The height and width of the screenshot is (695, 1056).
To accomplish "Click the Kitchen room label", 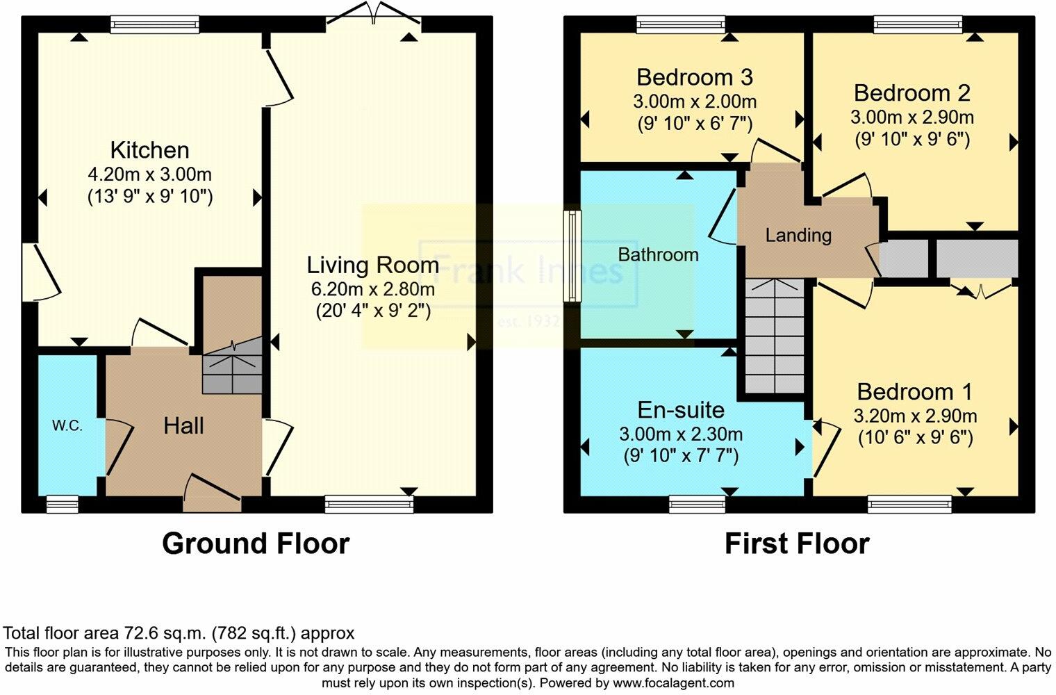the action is pos(150,150).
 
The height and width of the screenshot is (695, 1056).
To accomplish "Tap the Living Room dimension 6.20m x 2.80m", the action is pos(372,288).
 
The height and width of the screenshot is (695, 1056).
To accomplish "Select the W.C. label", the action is pos(67,426).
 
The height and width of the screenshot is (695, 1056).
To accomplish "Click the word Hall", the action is pos(183,426).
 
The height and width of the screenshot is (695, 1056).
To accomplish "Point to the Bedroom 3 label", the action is pos(695,77).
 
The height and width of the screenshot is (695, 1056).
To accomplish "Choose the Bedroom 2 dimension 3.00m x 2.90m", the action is pos(912,117).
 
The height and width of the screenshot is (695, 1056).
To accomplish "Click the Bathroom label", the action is pos(658,254).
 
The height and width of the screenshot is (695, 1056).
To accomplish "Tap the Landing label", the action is pos(798,236).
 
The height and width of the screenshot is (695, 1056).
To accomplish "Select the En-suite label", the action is pos(681,410).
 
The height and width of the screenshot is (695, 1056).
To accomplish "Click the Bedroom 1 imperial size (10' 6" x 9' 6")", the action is pos(916,439).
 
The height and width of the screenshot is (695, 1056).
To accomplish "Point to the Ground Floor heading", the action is pos(256,543).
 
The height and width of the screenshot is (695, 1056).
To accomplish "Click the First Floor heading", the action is pos(797,543).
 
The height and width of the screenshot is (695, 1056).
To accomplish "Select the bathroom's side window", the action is pos(572,256).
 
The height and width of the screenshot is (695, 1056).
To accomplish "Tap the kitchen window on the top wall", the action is pos(155,24).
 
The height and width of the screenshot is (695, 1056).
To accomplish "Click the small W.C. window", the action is pos(63,505).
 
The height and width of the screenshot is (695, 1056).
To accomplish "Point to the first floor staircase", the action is pos(775,336).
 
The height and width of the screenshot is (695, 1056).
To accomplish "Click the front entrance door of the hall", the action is pos(212,495).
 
